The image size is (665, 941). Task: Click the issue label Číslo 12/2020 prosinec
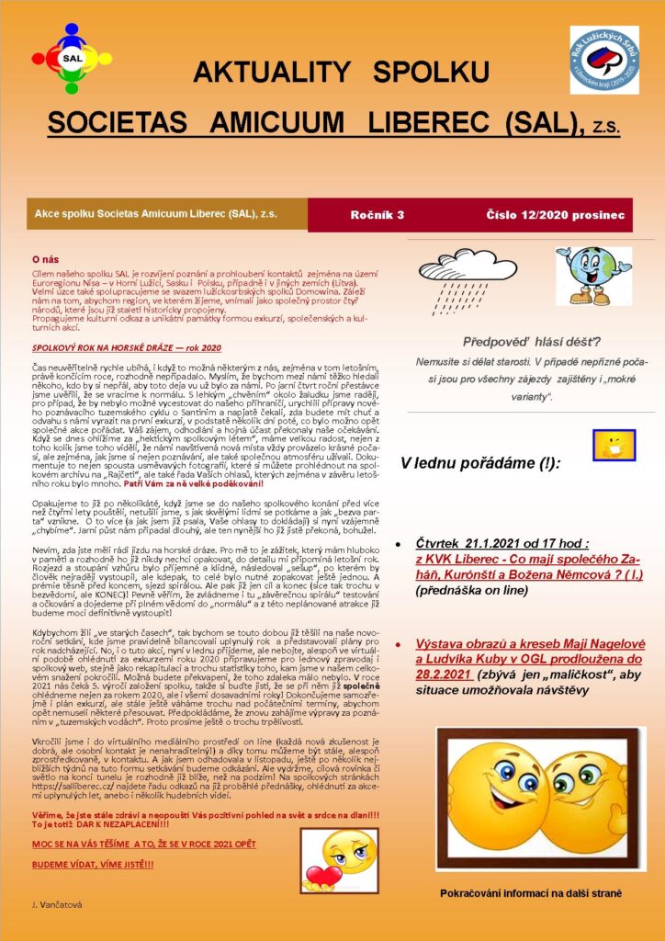[555, 214]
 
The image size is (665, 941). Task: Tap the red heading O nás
[46, 260]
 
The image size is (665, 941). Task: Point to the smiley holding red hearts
[339, 858]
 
